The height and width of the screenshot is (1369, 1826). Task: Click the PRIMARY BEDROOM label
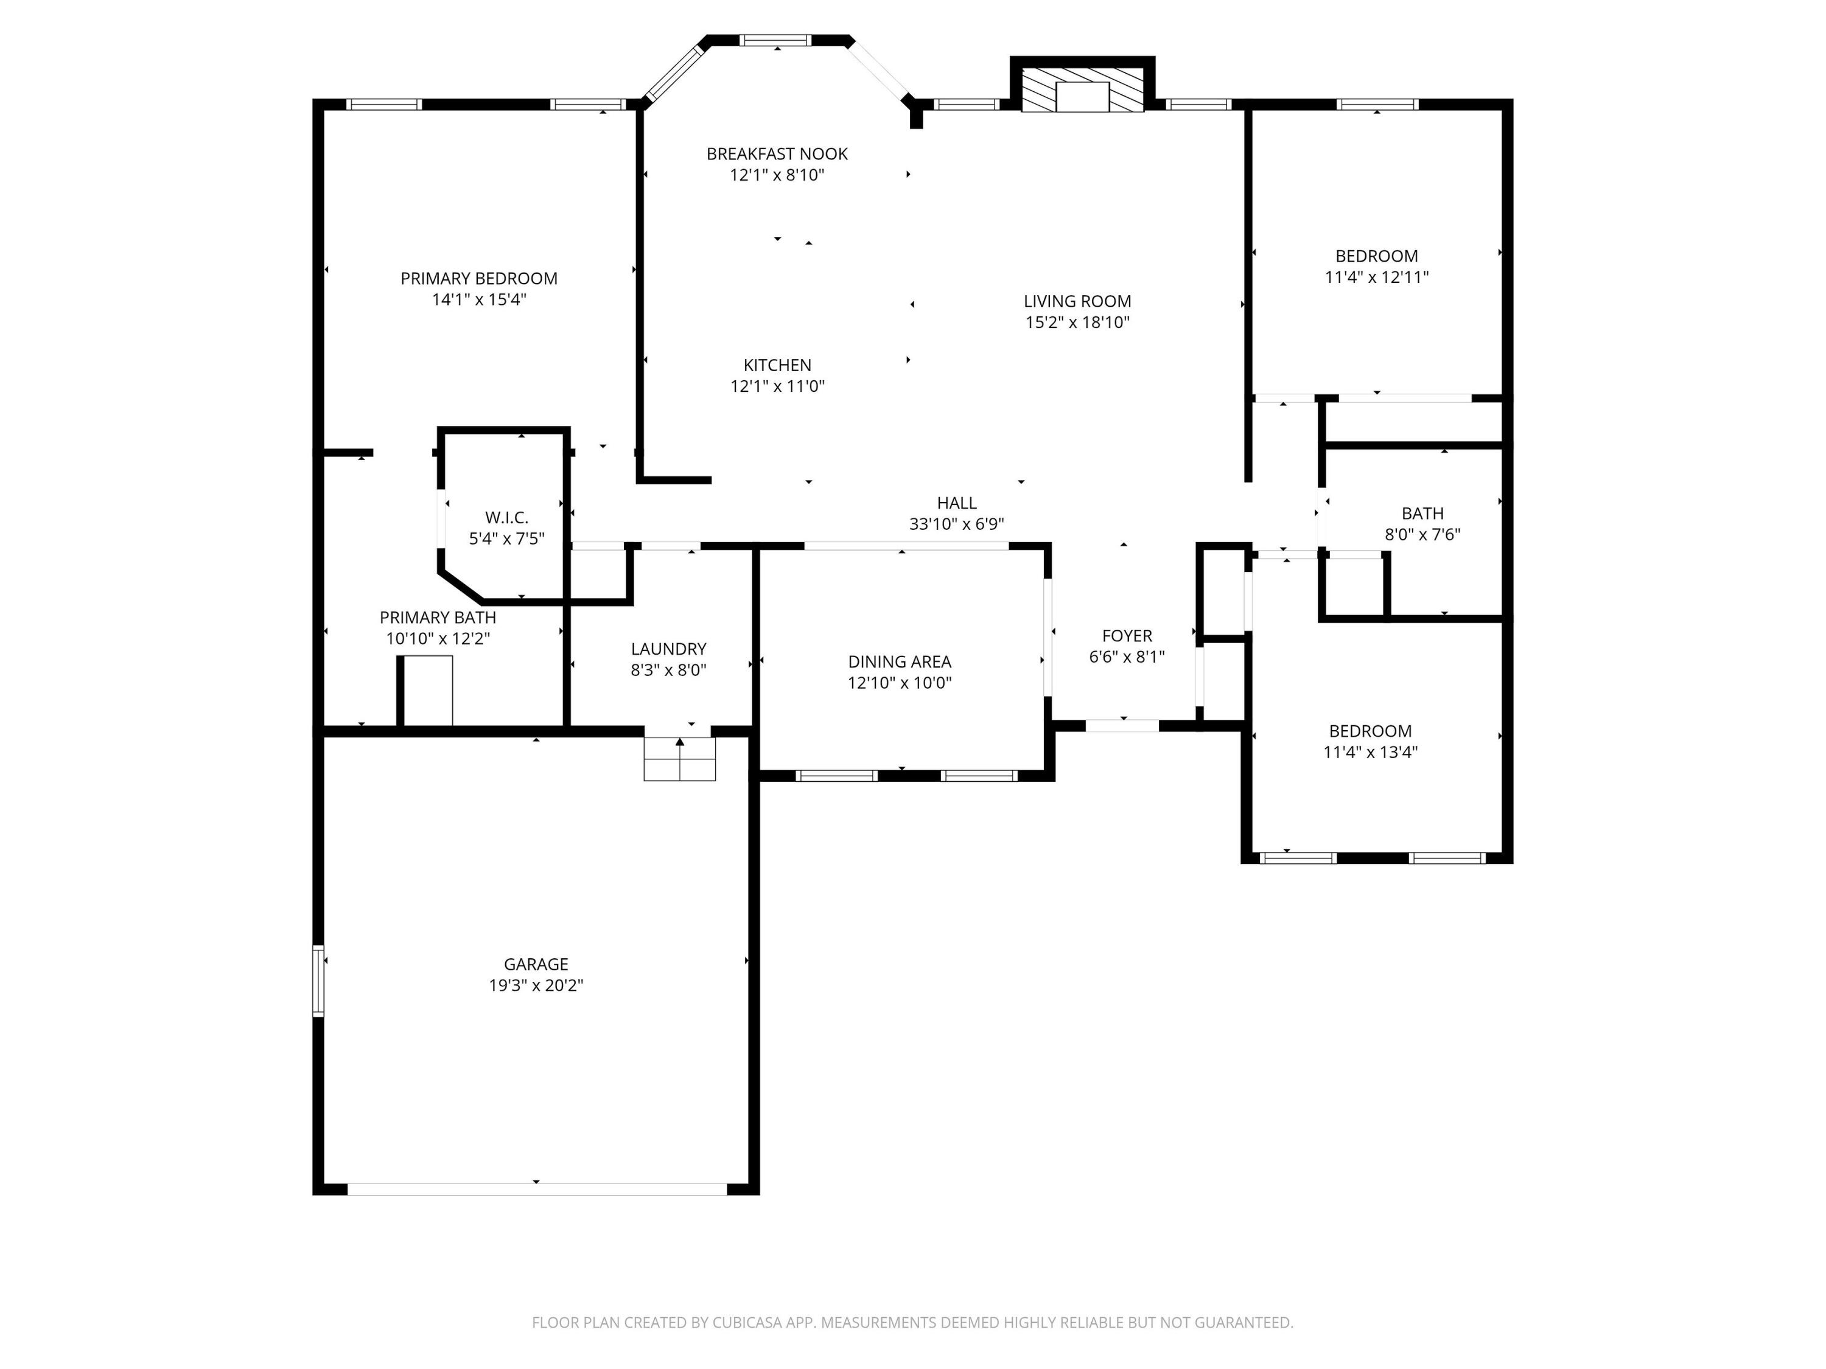pyautogui.click(x=479, y=279)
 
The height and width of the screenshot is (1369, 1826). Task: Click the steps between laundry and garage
pyautogui.click(x=679, y=758)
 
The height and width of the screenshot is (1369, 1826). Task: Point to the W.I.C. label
pyautogui.click(x=506, y=517)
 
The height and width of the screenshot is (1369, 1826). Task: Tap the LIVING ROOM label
pyautogui.click(x=1077, y=302)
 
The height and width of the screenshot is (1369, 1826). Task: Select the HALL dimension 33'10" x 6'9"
pyautogui.click(x=956, y=524)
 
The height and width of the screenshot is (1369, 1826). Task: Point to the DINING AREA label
pyautogui.click(x=899, y=662)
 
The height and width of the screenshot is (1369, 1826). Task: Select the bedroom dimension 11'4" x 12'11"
pyautogui.click(x=1376, y=277)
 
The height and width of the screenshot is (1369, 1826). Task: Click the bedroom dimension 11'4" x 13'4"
pyautogui.click(x=1369, y=752)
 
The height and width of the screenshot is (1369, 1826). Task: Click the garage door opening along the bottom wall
pyautogui.click(x=537, y=1189)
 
